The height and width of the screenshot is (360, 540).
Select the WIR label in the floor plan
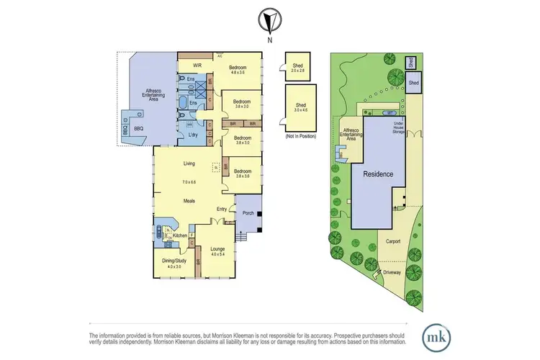click(197, 65)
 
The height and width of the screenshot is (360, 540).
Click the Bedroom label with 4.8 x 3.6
click(239, 69)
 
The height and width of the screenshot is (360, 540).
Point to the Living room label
click(189, 163)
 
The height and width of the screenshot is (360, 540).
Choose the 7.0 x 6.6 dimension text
click(189, 181)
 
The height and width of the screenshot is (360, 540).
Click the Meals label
click(189, 201)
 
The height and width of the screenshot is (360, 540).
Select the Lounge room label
click(219, 251)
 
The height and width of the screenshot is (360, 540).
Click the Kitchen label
click(179, 235)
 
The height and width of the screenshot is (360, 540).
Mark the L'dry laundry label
click(193, 135)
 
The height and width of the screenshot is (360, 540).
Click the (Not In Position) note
click(300, 136)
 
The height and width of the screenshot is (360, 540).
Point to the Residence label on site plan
click(377, 174)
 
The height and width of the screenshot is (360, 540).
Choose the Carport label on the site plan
click(393, 241)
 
